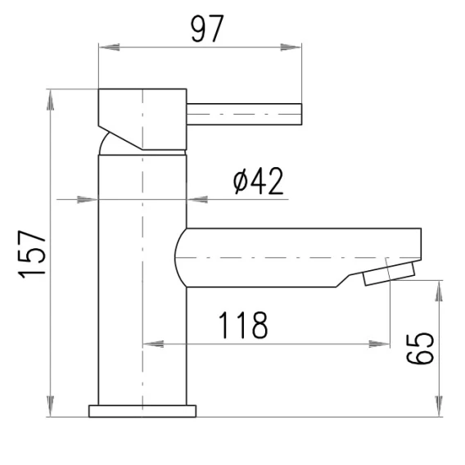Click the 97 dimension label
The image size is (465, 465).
pos(206,29)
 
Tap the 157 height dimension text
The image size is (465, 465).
pos(32,254)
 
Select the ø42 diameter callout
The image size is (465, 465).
pos(258,181)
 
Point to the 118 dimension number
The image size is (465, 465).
pos(243,325)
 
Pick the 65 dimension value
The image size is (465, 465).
pos(420,349)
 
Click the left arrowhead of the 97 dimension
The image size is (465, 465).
pos(109,47)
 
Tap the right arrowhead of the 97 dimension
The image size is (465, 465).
pos(291,47)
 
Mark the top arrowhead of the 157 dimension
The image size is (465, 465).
pos(51,100)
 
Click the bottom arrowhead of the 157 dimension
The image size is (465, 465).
pos(51,406)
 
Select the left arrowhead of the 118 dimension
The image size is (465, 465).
pos(153,344)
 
